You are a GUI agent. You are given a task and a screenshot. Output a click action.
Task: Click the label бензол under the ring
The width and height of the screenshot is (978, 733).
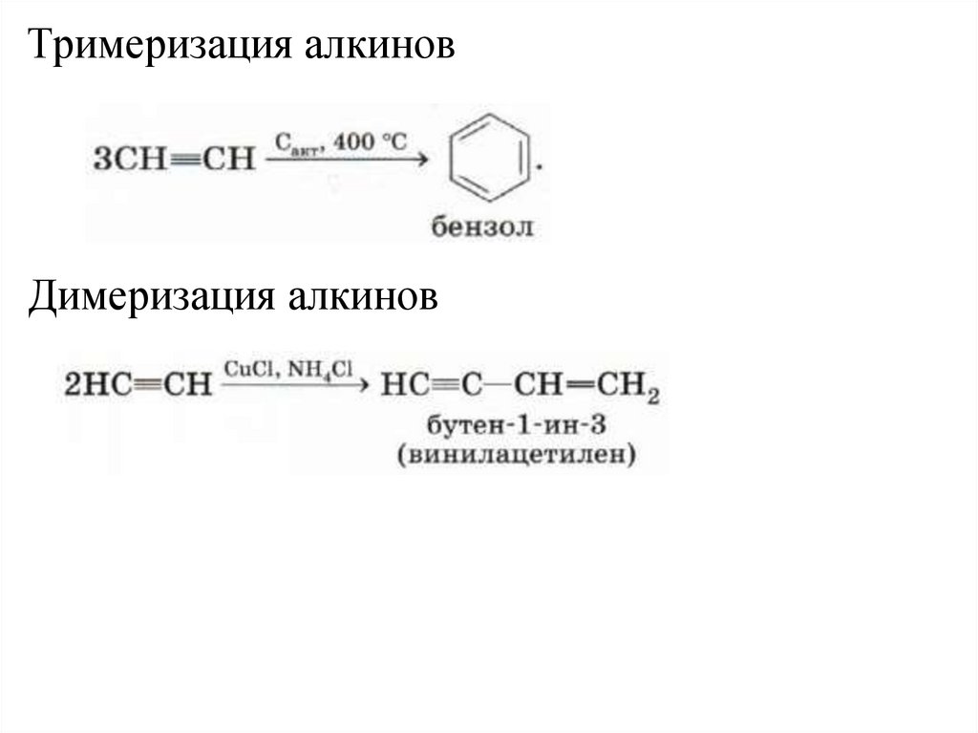482,227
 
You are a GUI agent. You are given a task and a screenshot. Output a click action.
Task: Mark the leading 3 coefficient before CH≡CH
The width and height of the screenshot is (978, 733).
99,159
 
